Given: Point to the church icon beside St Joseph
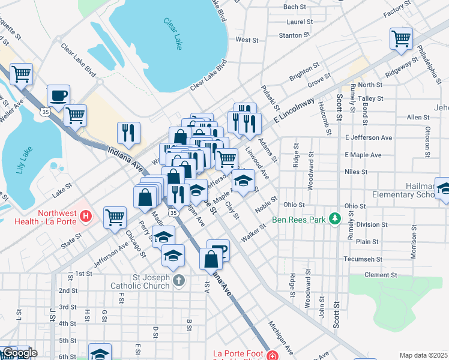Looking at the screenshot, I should pos(178,280).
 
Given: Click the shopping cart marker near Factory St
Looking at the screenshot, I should pos(400,39).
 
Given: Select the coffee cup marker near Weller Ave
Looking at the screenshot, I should pos(58,95).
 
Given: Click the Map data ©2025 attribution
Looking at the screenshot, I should pos(423,355).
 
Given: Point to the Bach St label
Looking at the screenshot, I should pos(294,7).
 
